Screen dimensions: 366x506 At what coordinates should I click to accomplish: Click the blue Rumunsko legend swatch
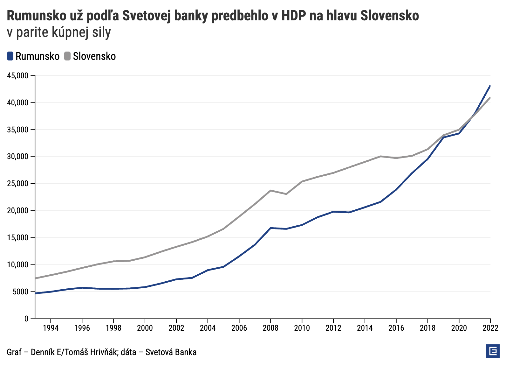pos(10,56)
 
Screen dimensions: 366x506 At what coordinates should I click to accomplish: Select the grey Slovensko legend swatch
pos(67,56)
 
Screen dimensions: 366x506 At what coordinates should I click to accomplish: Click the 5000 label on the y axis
pos(21,292)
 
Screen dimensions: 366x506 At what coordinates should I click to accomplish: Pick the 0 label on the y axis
pos(27,319)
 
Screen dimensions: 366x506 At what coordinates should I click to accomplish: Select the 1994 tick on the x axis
pos(51,328)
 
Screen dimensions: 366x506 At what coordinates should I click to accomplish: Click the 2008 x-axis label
pos(270,328)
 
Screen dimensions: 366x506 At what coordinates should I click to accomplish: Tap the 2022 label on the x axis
pos(490,328)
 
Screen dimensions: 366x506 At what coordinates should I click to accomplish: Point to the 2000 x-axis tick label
pos(145,328)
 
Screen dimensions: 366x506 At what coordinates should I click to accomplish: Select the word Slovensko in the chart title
pos(389,16)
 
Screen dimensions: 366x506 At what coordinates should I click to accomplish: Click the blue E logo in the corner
pos(493,351)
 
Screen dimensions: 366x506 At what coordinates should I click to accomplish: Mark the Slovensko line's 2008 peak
pos(270,190)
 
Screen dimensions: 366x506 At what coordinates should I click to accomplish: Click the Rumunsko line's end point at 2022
pos(490,86)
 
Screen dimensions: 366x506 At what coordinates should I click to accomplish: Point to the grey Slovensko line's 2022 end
pos(490,98)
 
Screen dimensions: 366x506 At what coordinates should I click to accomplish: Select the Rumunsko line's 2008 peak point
pos(270,228)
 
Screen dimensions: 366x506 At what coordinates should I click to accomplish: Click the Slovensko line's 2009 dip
pos(286,194)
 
